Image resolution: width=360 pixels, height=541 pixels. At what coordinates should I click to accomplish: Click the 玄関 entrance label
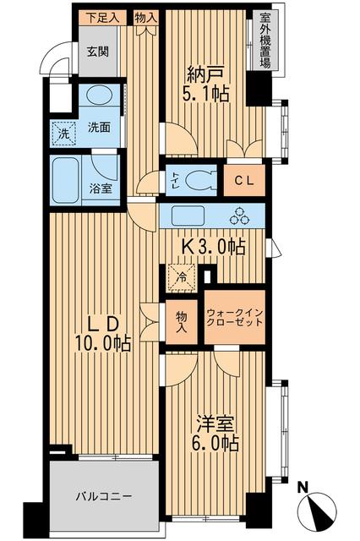pos(98,49)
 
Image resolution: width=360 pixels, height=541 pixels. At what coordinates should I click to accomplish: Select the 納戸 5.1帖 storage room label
pos(206,83)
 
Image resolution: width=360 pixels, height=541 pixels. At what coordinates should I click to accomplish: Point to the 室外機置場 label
pos(265,36)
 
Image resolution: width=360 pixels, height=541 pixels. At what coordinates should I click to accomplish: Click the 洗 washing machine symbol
pos(63,133)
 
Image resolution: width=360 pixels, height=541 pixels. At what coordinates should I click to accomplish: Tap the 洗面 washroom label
pos(100,128)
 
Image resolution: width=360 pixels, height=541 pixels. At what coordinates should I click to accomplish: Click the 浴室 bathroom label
pos(101,189)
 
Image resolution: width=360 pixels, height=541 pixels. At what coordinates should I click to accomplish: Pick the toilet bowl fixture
pos(200,178)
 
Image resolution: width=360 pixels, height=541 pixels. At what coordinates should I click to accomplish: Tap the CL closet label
pos(245,179)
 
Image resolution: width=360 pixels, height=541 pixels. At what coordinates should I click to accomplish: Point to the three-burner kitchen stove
pos(244,216)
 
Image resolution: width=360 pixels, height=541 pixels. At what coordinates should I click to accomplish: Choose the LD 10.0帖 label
pos(104,333)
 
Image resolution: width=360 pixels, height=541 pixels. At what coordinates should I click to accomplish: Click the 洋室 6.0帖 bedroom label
pos(215,431)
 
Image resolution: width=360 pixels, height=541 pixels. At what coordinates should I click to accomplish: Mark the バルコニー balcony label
pos(105,495)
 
